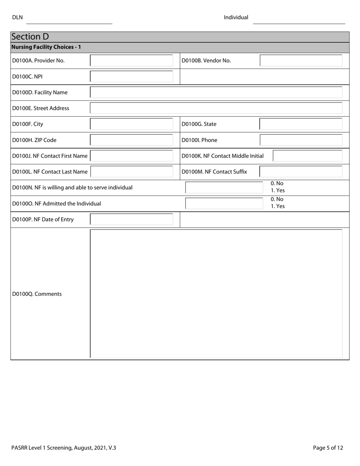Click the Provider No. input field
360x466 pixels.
point(131,61)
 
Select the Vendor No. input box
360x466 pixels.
point(301,61)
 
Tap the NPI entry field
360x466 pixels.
point(131,77)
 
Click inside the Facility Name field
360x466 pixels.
point(216,92)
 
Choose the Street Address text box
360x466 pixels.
point(216,108)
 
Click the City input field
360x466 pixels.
point(131,124)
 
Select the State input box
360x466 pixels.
point(301,124)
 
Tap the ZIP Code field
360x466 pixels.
point(131,140)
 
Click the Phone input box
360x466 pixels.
point(301,140)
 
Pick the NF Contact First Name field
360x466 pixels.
point(131,156)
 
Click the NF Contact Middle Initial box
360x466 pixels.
point(307,156)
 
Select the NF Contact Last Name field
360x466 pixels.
point(131,172)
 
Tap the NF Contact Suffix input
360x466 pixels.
point(301,172)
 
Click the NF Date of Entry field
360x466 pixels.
point(131,219)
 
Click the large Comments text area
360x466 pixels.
point(216,294)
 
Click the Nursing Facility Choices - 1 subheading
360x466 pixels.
point(46,47)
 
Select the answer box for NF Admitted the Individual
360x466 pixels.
point(224,203)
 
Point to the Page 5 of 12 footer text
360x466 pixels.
point(328,448)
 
